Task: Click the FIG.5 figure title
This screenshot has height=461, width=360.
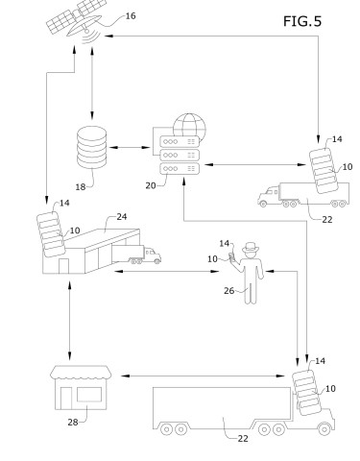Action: (302, 21)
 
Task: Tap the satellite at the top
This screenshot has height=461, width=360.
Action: (77, 20)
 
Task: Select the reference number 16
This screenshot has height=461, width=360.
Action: (131, 15)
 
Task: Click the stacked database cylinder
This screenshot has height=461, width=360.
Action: (91, 147)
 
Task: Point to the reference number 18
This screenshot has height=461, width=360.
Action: (81, 187)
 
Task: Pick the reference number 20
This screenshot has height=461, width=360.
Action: (151, 185)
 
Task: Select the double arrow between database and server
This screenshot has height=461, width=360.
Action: (130, 148)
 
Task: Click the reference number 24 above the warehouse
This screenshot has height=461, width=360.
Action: (122, 217)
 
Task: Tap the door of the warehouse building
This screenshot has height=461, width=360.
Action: (63, 266)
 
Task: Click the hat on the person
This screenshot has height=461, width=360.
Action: (251, 248)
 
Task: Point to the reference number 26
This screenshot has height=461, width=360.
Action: (228, 291)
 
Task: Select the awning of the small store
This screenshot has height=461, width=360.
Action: (82, 372)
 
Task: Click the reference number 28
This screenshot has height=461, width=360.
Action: (73, 423)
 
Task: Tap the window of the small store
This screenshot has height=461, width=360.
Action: (89, 395)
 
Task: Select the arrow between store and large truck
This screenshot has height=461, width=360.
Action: (203, 376)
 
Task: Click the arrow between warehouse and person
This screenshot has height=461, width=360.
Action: (166, 272)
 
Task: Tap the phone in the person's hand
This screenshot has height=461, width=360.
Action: (231, 256)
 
